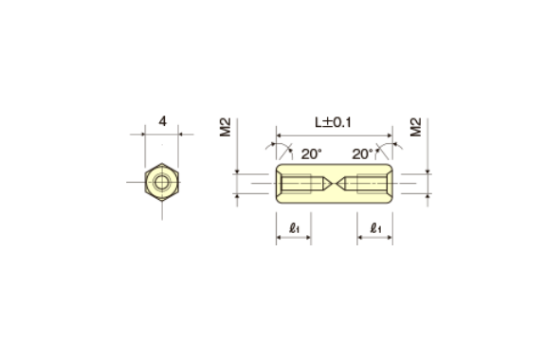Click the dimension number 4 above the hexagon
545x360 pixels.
[x=162, y=121]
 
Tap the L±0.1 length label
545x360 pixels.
[x=333, y=122]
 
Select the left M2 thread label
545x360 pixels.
[x=226, y=127]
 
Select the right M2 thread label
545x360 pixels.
[x=416, y=127]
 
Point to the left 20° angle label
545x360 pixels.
[x=312, y=153]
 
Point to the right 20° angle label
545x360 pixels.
[x=362, y=153]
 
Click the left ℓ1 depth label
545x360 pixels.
[x=294, y=228]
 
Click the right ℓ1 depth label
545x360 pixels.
[x=375, y=228]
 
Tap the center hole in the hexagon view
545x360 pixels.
[x=162, y=182]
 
